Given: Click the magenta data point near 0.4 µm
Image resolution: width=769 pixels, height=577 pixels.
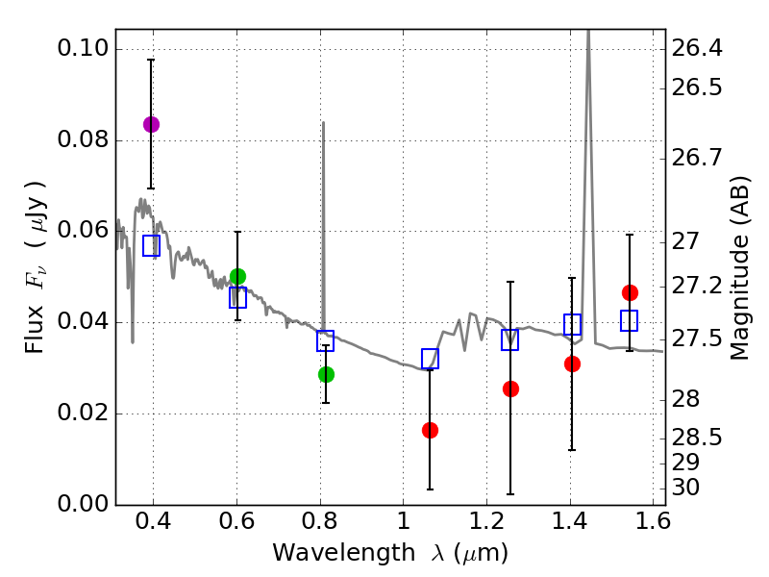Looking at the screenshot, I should (x=151, y=124).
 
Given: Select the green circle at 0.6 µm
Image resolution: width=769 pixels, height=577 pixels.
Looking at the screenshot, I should (x=237, y=277).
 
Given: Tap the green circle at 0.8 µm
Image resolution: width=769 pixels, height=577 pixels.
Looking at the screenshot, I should (x=326, y=374).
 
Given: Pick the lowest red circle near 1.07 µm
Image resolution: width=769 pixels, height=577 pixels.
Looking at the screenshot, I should (x=430, y=430).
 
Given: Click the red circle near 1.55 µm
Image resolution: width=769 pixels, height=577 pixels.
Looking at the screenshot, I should (x=630, y=292).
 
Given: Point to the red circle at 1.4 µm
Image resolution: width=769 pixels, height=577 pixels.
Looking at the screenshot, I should (x=572, y=364).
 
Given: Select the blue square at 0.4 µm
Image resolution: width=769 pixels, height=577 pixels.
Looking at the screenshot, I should (x=151, y=245).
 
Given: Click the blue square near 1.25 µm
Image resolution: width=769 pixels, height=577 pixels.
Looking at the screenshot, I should (x=510, y=339).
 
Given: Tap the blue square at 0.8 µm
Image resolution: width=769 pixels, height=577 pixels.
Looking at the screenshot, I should (x=325, y=340).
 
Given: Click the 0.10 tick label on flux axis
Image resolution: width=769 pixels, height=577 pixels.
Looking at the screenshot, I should (x=84, y=49).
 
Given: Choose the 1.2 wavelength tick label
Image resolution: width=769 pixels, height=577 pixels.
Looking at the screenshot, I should (x=485, y=521).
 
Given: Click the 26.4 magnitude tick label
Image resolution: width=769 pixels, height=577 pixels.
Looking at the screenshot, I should (x=697, y=48).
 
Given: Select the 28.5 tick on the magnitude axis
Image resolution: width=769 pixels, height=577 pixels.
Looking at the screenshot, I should (x=697, y=439).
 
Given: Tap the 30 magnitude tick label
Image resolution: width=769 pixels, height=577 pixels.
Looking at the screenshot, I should (x=685, y=488).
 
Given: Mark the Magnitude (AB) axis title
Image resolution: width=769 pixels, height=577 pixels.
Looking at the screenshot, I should (x=739, y=267).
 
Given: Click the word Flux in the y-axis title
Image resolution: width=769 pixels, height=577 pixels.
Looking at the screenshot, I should (x=36, y=307).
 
